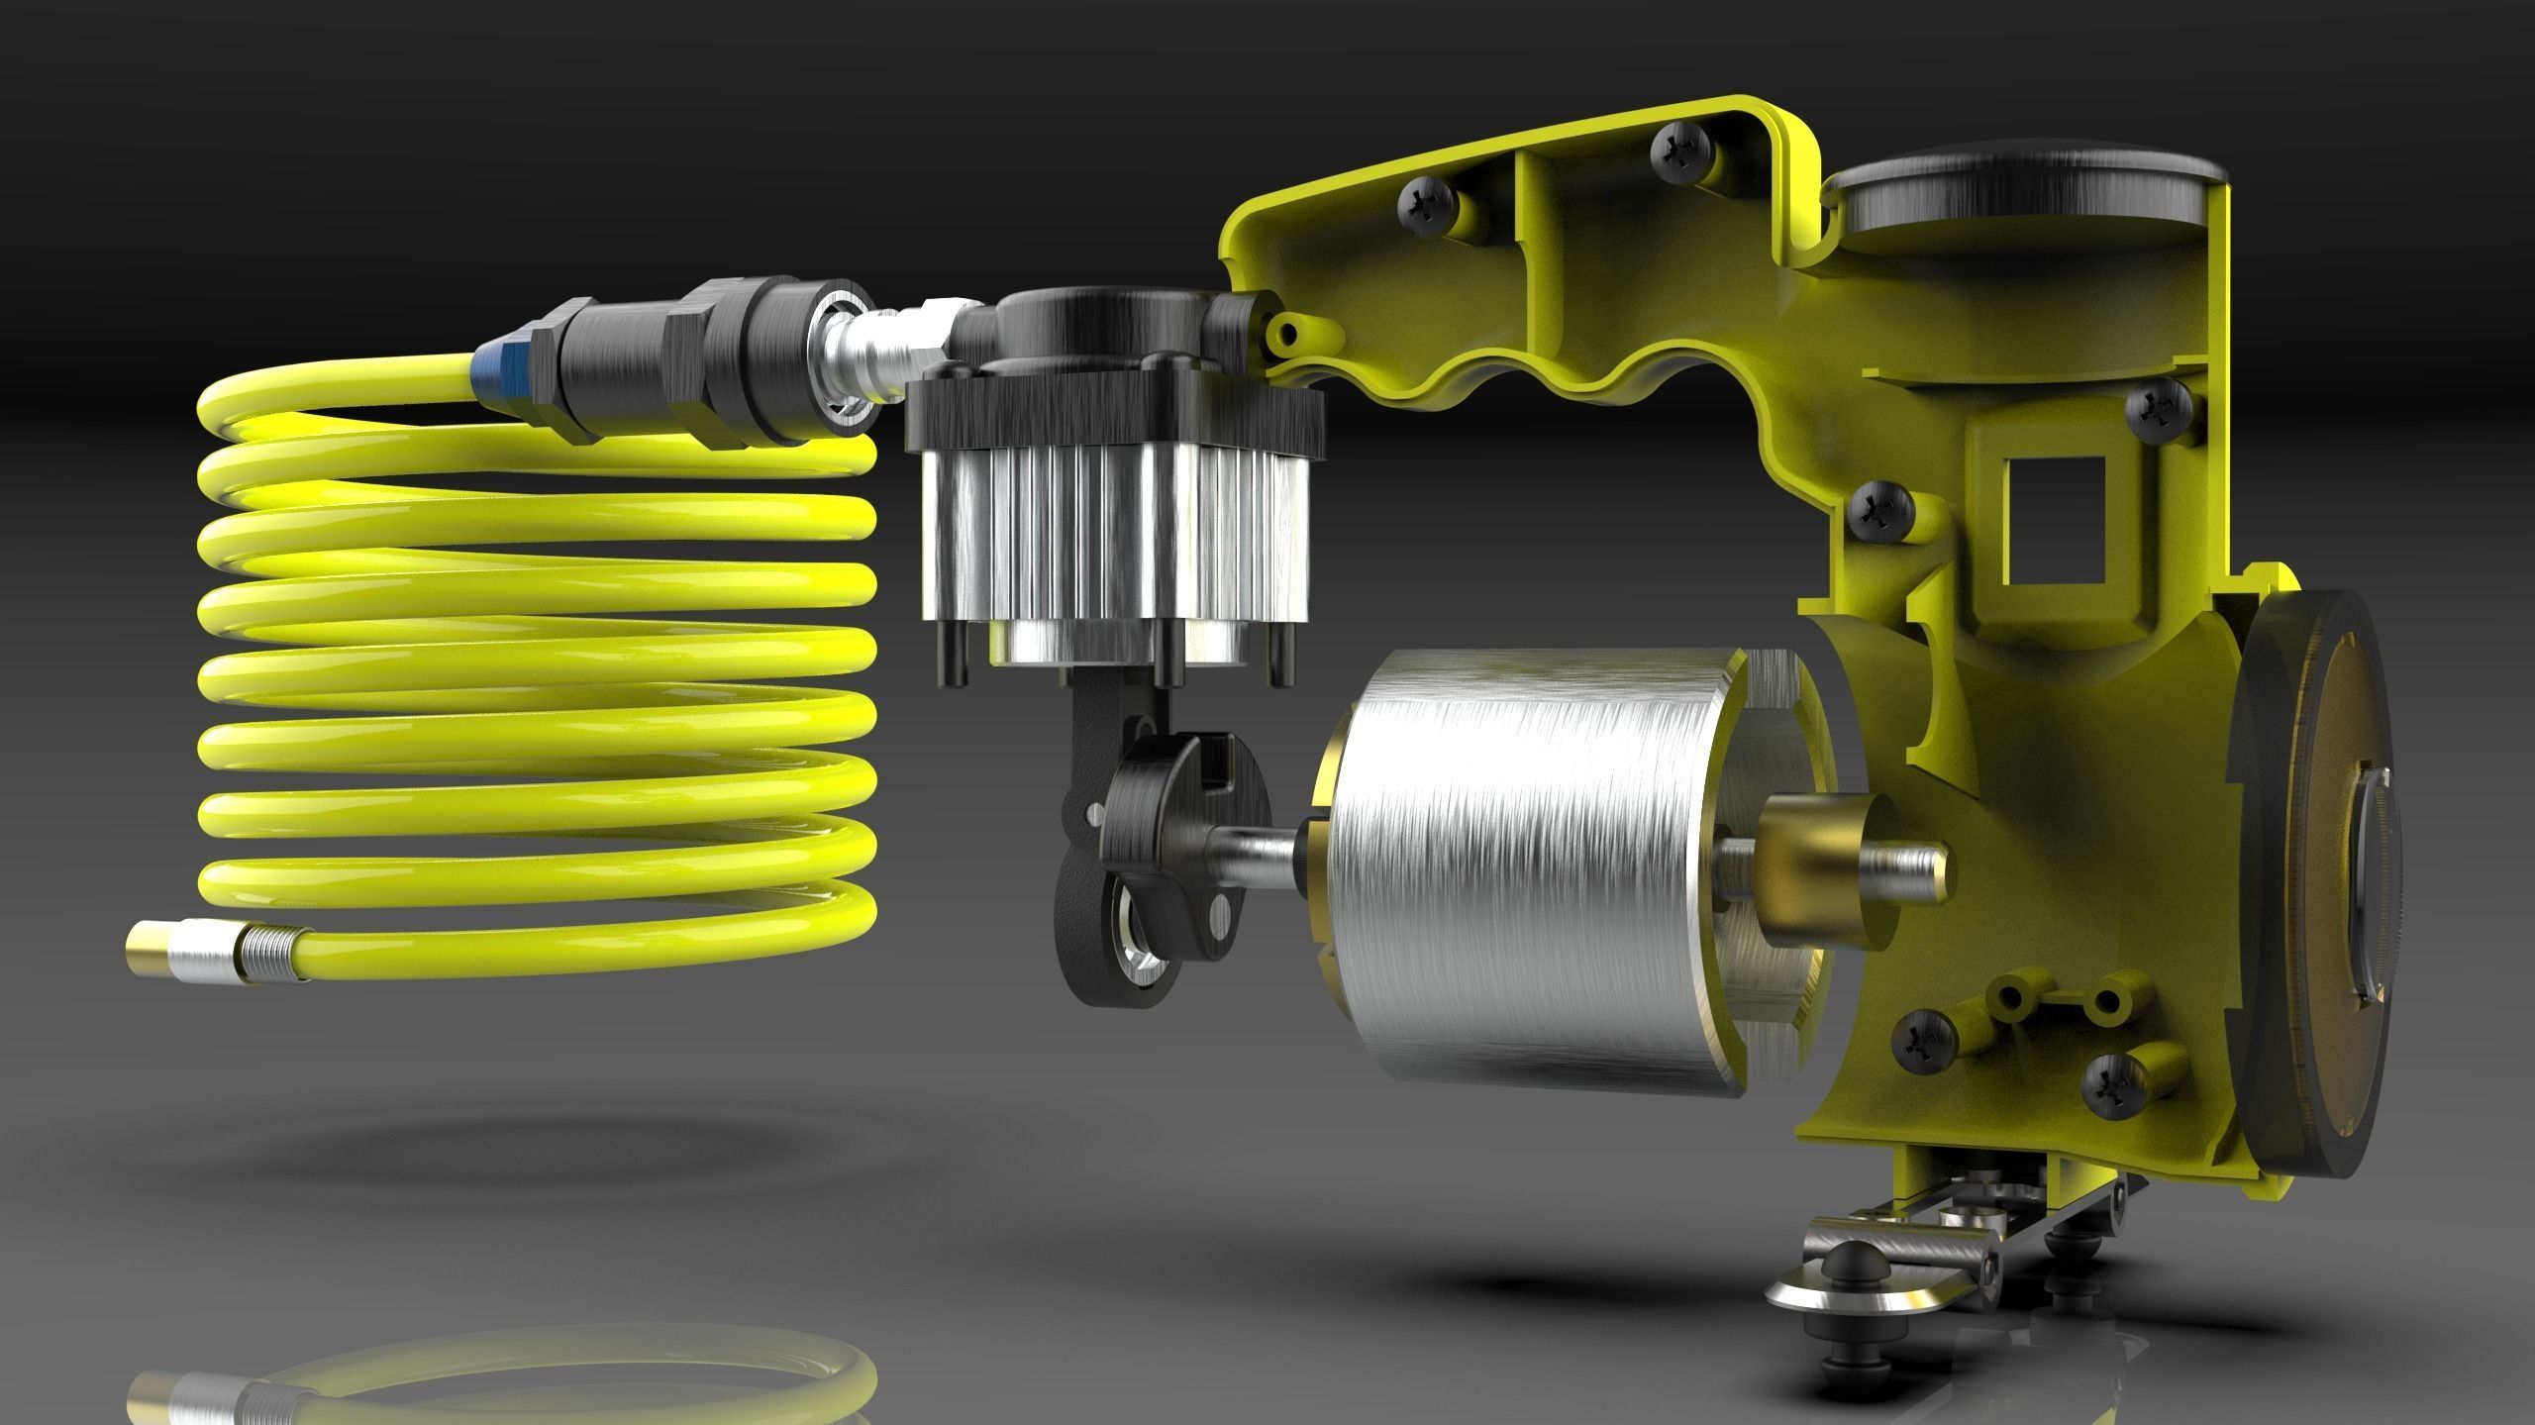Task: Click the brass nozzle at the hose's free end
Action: (x=149, y=961)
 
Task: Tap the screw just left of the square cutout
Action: (x=1874, y=511)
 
